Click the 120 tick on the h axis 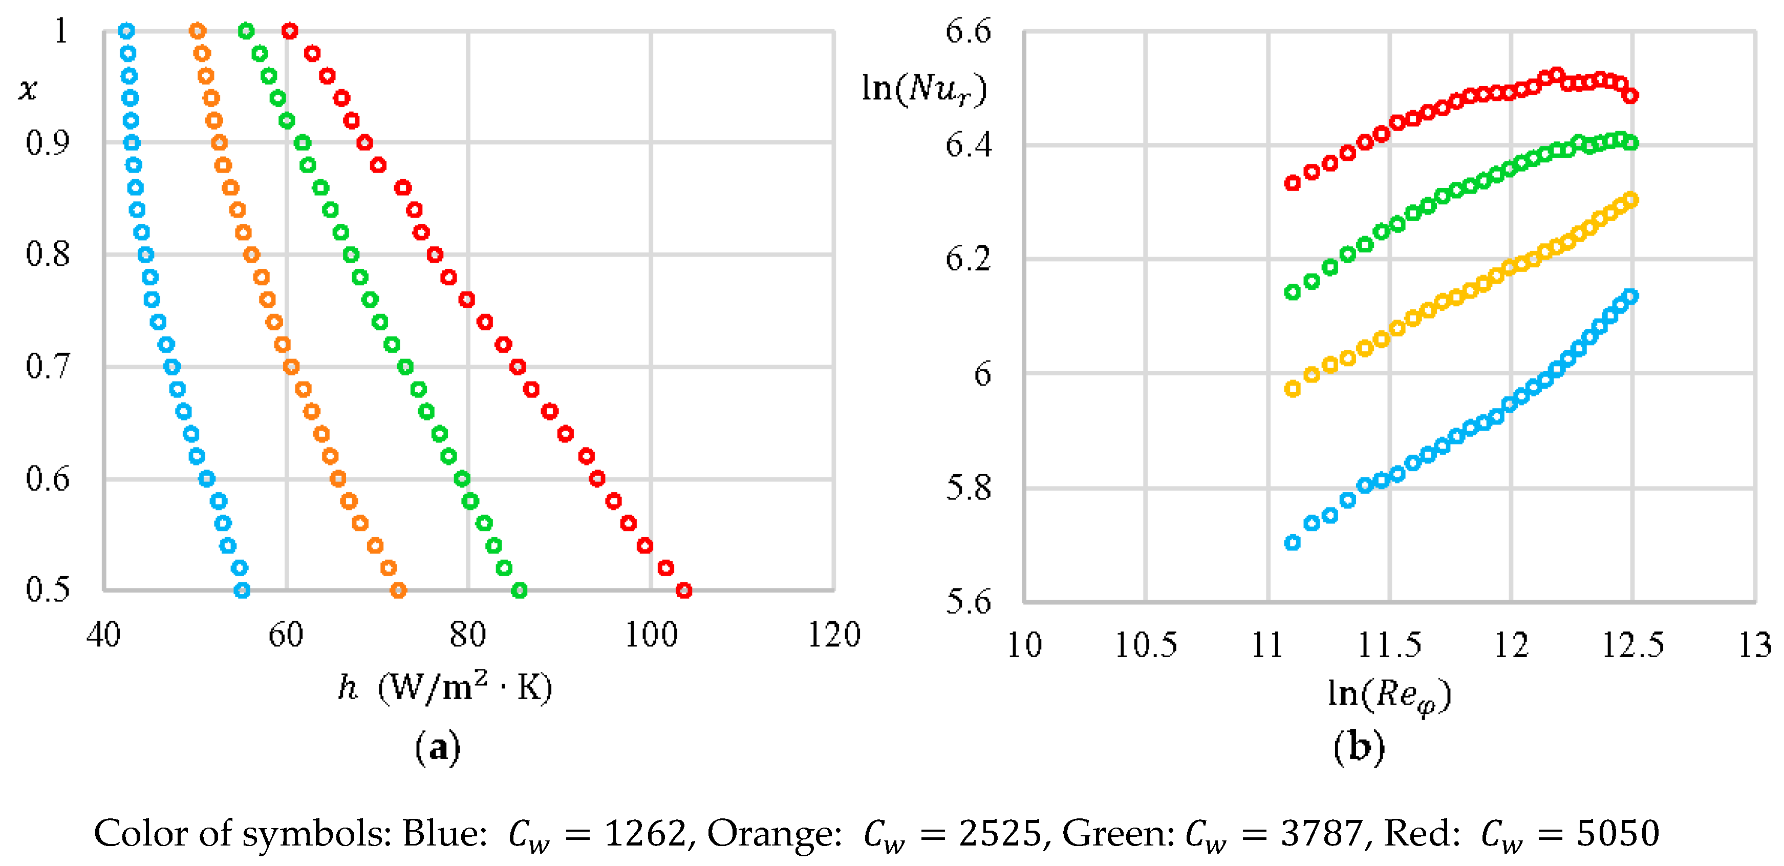point(834,635)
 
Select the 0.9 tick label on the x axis point(48,143)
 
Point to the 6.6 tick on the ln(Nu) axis point(968,32)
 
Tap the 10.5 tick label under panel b point(1146,645)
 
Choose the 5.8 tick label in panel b point(968,489)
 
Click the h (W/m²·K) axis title point(445,688)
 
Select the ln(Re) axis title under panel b point(1389,695)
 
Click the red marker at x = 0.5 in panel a point(683,590)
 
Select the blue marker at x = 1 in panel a point(126,31)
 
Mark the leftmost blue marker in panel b point(1292,542)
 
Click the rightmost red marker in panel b point(1630,96)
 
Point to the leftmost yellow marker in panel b point(1292,389)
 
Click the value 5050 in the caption point(1618,833)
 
